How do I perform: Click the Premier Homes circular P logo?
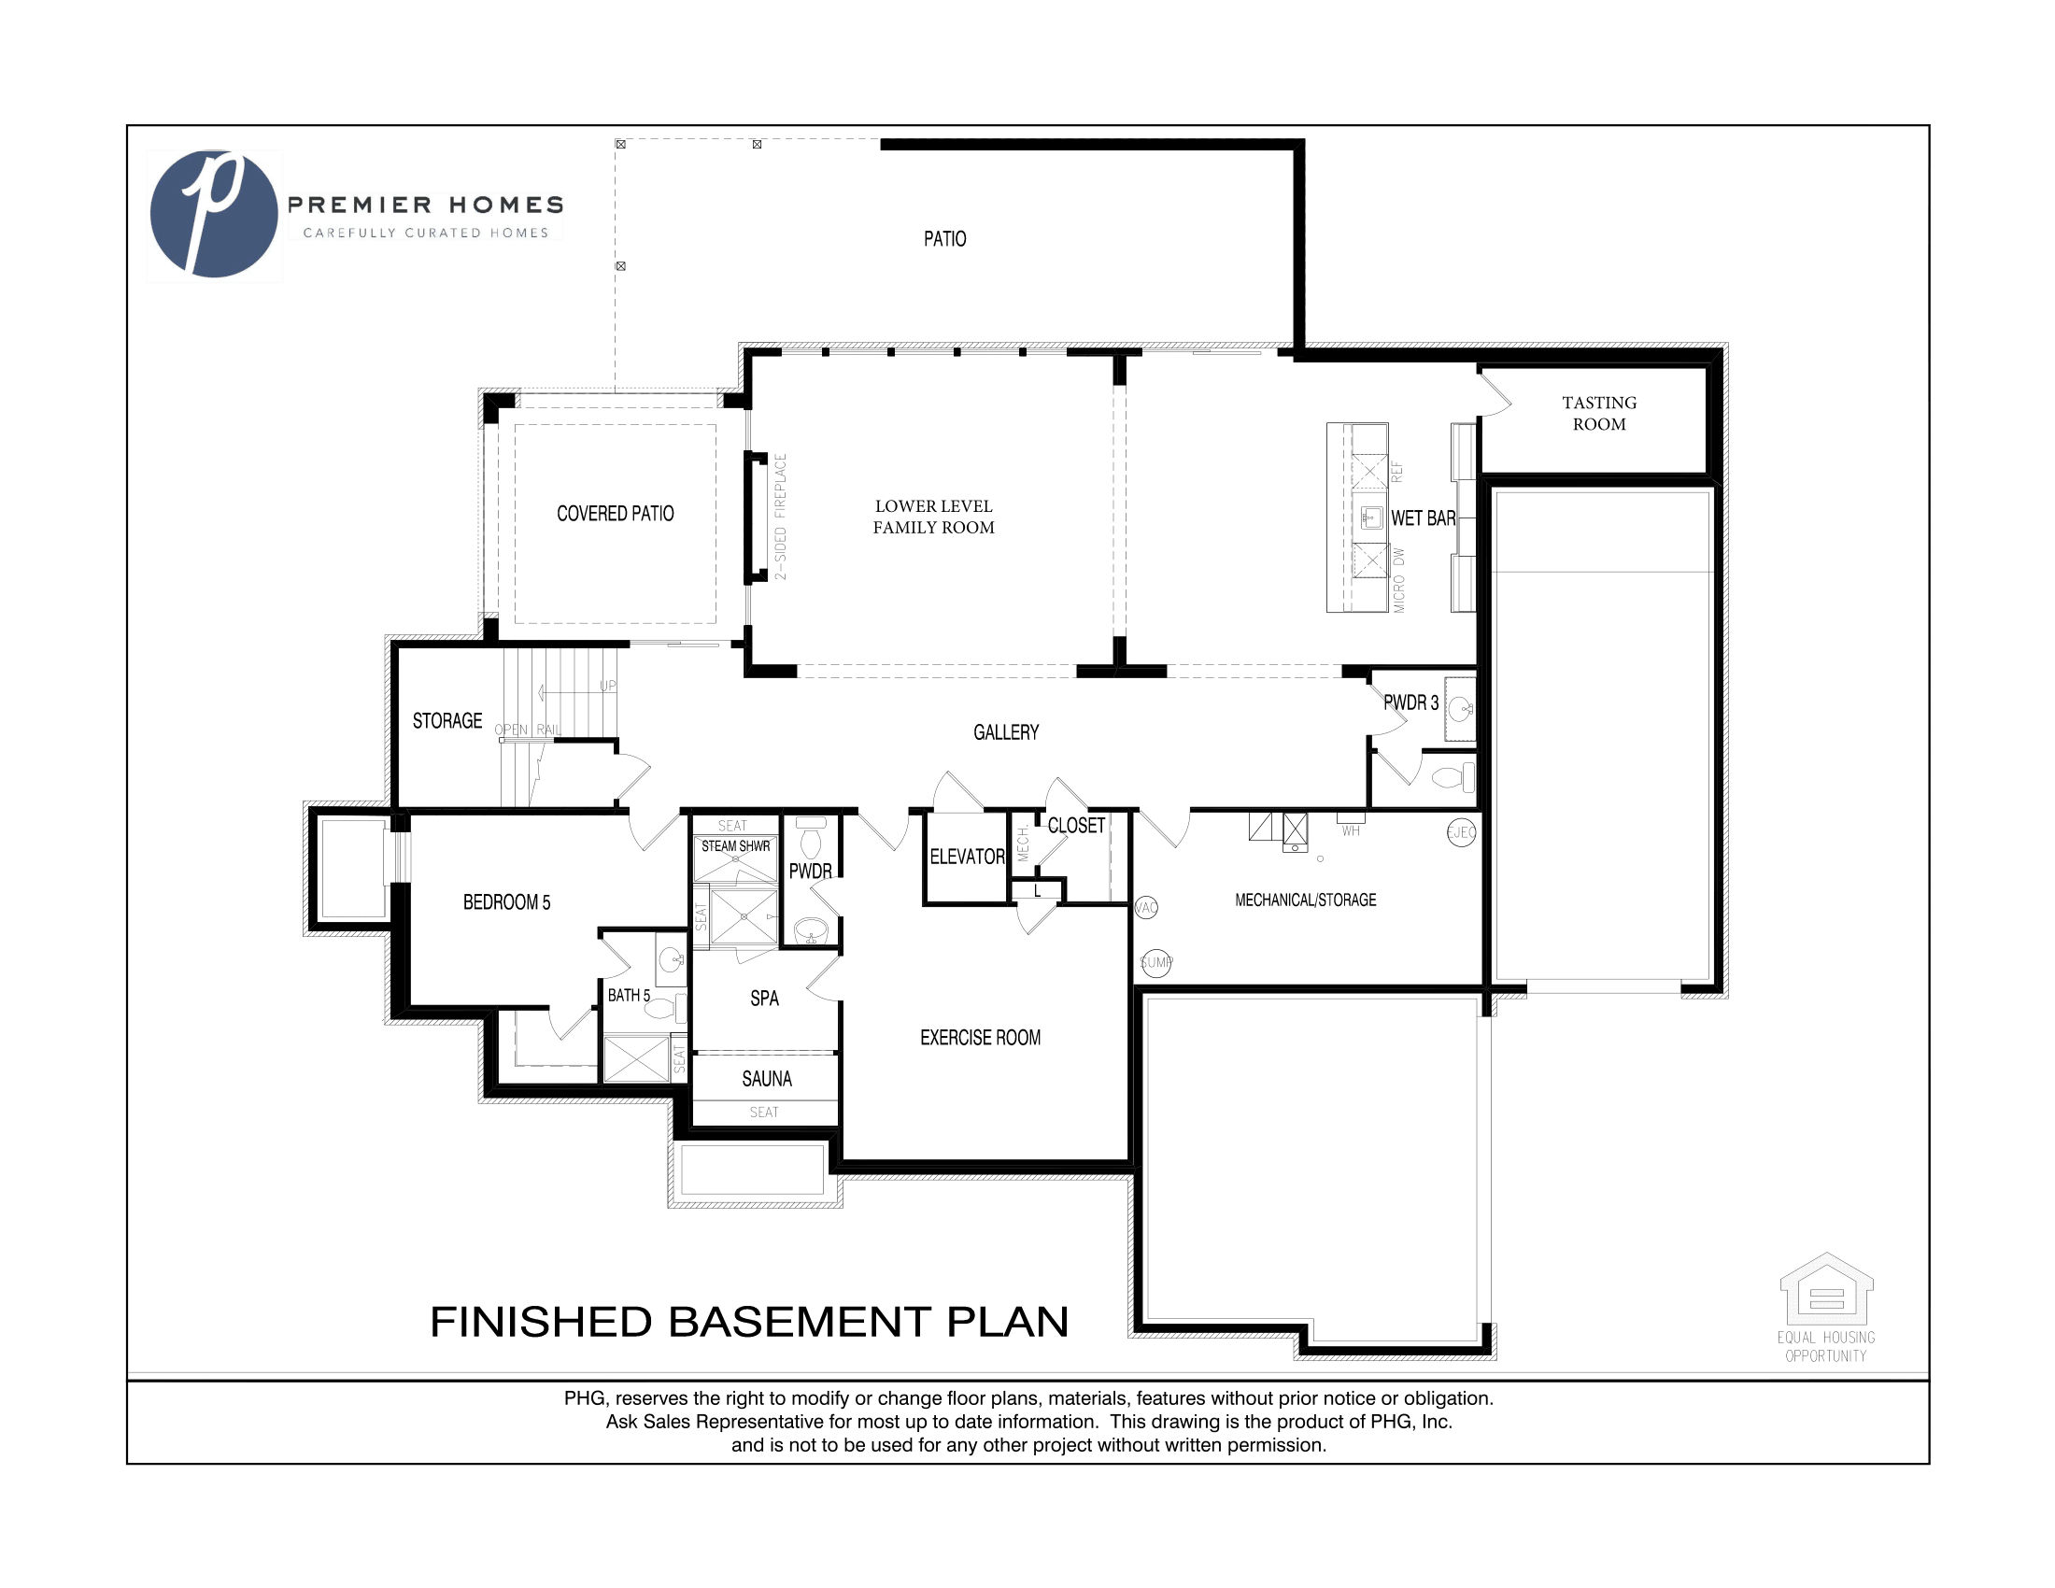(x=215, y=215)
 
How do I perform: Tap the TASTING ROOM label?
(x=1598, y=413)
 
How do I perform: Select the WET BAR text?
(x=1422, y=518)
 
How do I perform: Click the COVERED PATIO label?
(x=616, y=514)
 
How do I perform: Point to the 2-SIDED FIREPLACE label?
(x=781, y=517)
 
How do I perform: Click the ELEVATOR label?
(x=967, y=857)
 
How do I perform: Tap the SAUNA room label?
(x=766, y=1079)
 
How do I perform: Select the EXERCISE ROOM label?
(x=980, y=1038)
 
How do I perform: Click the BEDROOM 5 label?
(x=506, y=902)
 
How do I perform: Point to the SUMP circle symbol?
(x=1155, y=962)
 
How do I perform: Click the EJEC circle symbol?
(x=1460, y=832)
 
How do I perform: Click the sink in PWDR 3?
(x=1459, y=706)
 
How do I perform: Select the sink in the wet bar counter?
(x=1371, y=517)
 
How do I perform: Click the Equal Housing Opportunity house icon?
(x=1825, y=1290)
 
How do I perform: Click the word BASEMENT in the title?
(x=800, y=1322)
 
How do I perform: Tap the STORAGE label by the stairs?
(x=446, y=720)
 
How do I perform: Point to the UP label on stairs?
(x=608, y=686)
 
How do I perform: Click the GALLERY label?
(x=1005, y=732)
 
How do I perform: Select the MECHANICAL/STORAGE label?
(x=1305, y=900)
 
